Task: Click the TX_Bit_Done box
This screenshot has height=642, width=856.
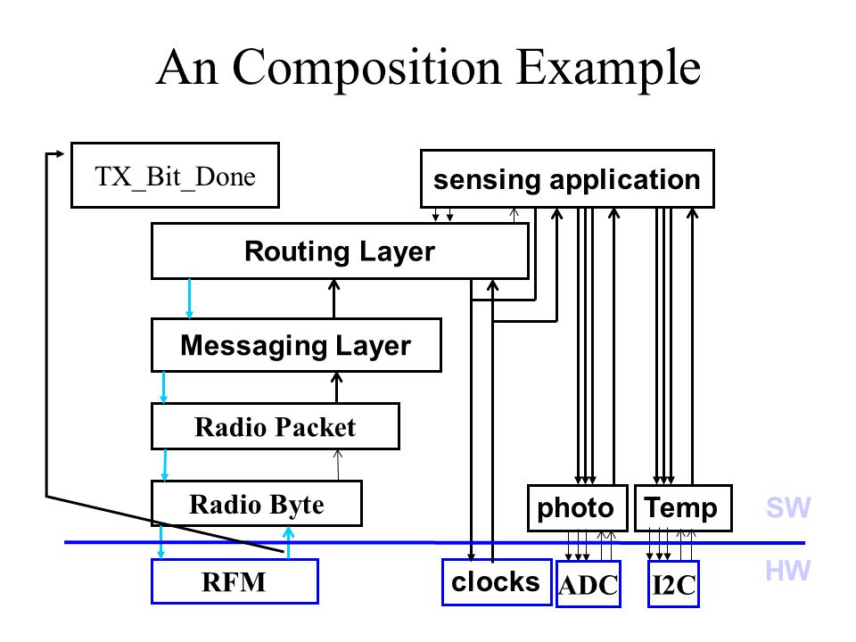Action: pos(176,176)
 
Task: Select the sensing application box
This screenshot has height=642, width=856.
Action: pos(567,178)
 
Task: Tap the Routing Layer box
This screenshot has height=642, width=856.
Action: pos(340,251)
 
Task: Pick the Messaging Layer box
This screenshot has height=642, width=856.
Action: pos(296,345)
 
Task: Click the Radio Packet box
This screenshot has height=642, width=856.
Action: pos(276,426)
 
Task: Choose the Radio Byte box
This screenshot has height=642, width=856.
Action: pos(257,503)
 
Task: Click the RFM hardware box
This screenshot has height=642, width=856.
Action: pos(235,581)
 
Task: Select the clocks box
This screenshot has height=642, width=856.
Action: pos(497,582)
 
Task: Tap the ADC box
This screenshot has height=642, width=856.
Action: pos(588,584)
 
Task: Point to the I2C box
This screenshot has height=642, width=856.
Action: pos(673,584)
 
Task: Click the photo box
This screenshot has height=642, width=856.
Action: pos(577,507)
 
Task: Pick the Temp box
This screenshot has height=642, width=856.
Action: pos(683,507)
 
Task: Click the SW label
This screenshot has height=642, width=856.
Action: pos(788,507)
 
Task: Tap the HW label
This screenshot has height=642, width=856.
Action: pos(787,571)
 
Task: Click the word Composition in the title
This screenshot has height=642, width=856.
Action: pos(366,69)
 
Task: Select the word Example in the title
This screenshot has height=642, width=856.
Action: pos(607,70)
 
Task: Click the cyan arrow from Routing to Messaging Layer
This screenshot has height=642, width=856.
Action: pos(189,299)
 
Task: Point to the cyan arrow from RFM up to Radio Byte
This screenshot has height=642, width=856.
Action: pos(288,543)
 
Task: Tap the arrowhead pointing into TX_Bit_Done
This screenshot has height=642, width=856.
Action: pos(60,154)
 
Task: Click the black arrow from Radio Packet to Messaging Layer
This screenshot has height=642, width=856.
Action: pos(337,388)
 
